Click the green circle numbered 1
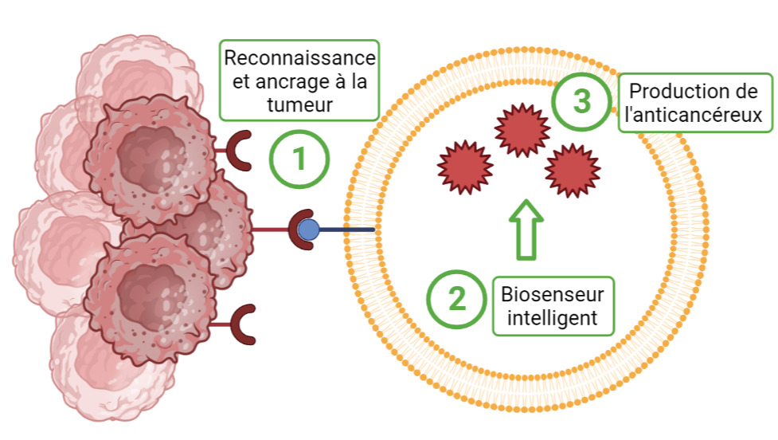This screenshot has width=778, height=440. tap(299, 159)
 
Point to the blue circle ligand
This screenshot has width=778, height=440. tap(308, 230)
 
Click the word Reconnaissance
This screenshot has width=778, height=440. tap(299, 59)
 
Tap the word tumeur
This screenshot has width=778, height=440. tap(299, 105)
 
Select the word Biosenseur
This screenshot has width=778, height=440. tap(552, 294)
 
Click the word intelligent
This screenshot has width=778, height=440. tap(552, 318)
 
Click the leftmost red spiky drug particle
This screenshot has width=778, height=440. tap(464, 166)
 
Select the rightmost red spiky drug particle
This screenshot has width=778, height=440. tap(572, 170)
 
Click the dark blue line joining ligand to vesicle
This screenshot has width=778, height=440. tap(346, 230)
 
